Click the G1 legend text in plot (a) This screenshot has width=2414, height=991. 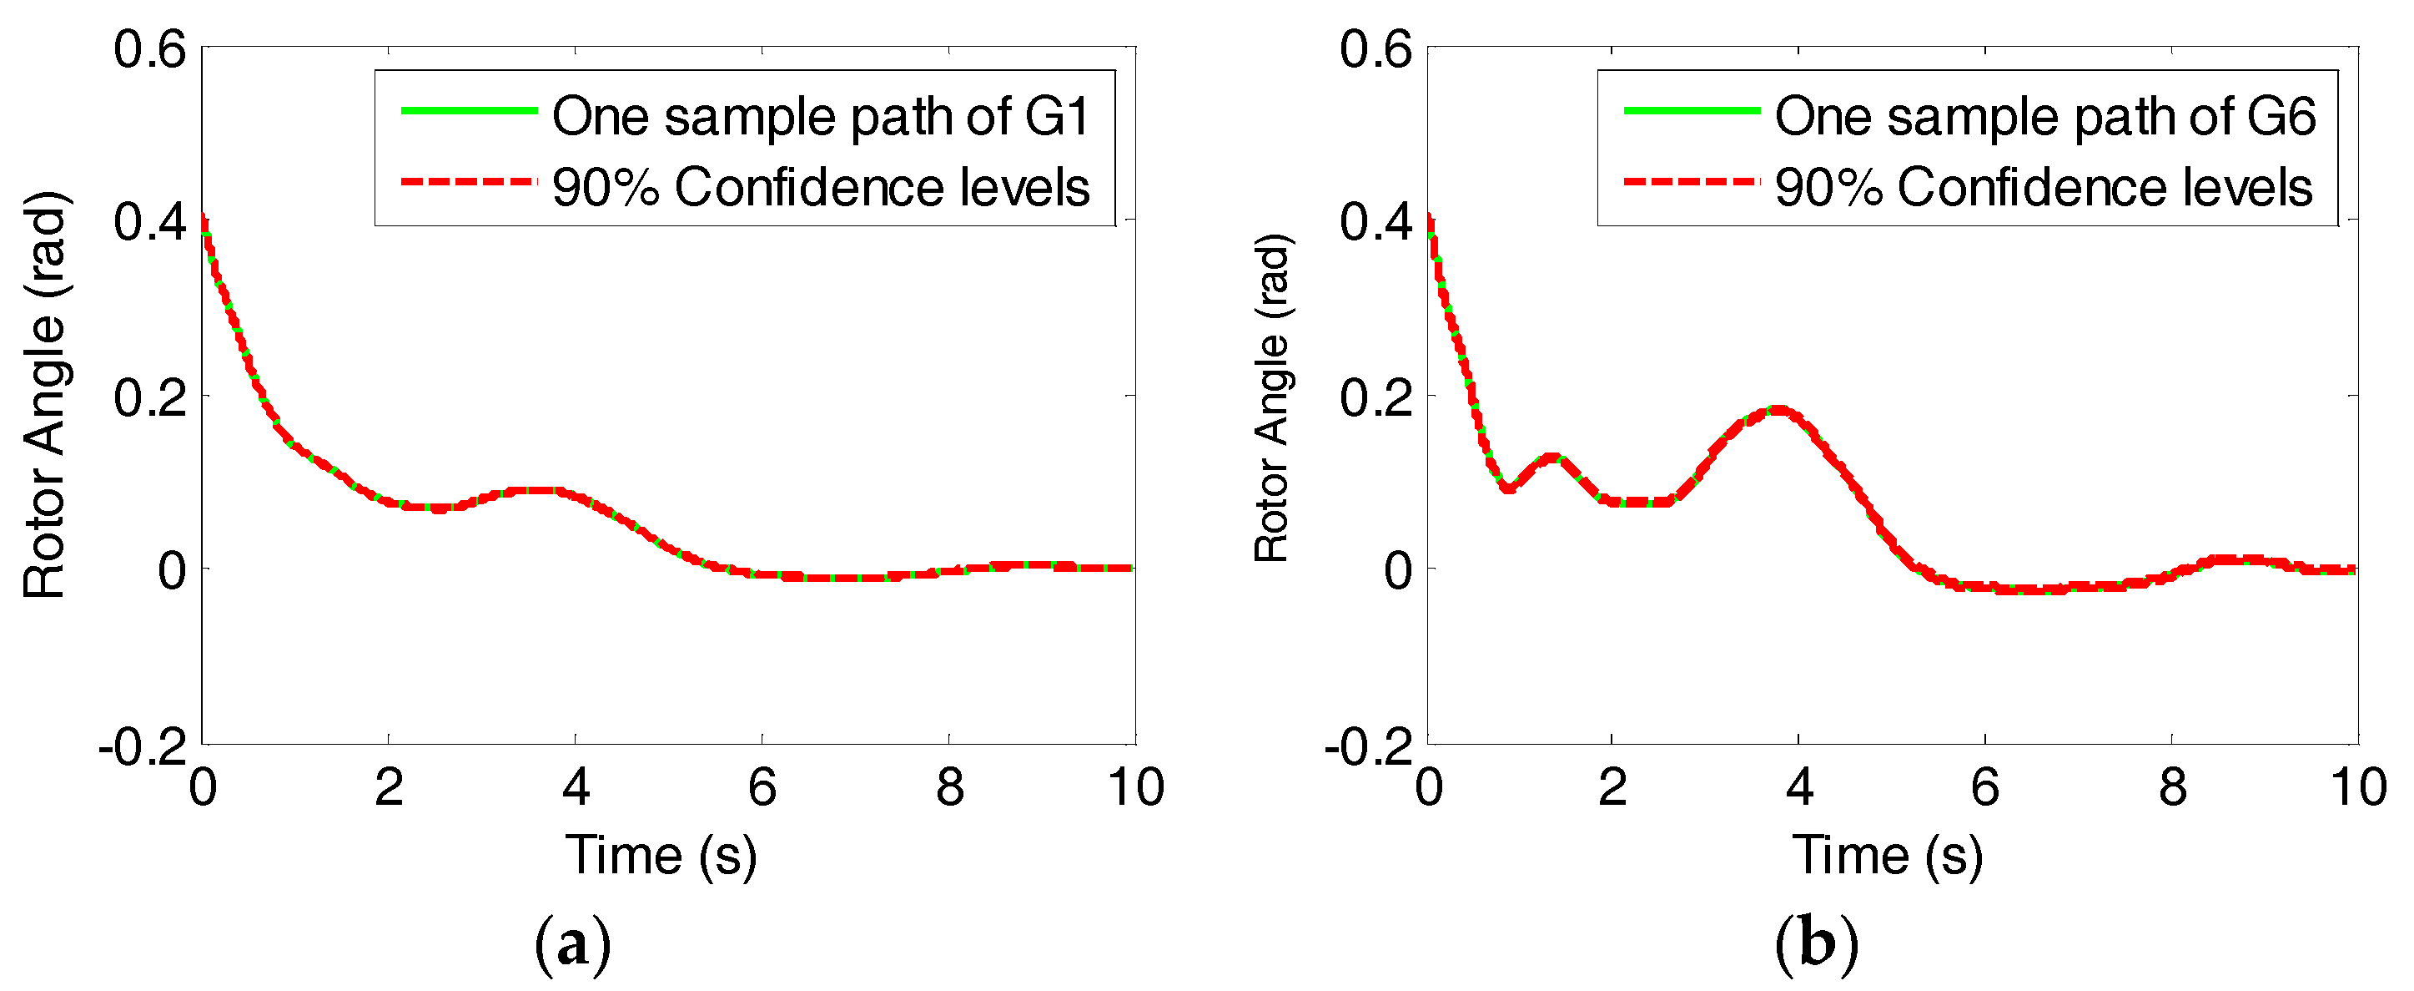click(x=820, y=116)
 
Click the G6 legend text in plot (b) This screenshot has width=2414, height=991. click(x=2044, y=116)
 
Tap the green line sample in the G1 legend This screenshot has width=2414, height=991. click(x=469, y=111)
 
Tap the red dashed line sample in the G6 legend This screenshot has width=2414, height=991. click(x=1692, y=181)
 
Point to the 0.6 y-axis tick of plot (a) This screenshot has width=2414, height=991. click(x=150, y=48)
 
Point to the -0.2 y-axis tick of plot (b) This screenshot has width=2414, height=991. click(x=1368, y=747)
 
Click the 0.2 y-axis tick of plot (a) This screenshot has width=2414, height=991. click(x=150, y=397)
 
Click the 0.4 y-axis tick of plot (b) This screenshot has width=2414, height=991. click(x=1375, y=223)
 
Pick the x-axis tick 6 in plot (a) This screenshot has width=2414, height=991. click(x=762, y=786)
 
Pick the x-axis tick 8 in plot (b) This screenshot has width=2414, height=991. click(x=2172, y=786)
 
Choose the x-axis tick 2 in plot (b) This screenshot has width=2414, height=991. click(x=1612, y=786)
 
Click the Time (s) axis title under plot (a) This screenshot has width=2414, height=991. click(x=661, y=855)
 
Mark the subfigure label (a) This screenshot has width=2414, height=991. click(x=571, y=945)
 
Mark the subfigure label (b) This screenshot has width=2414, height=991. click(x=1816, y=945)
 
